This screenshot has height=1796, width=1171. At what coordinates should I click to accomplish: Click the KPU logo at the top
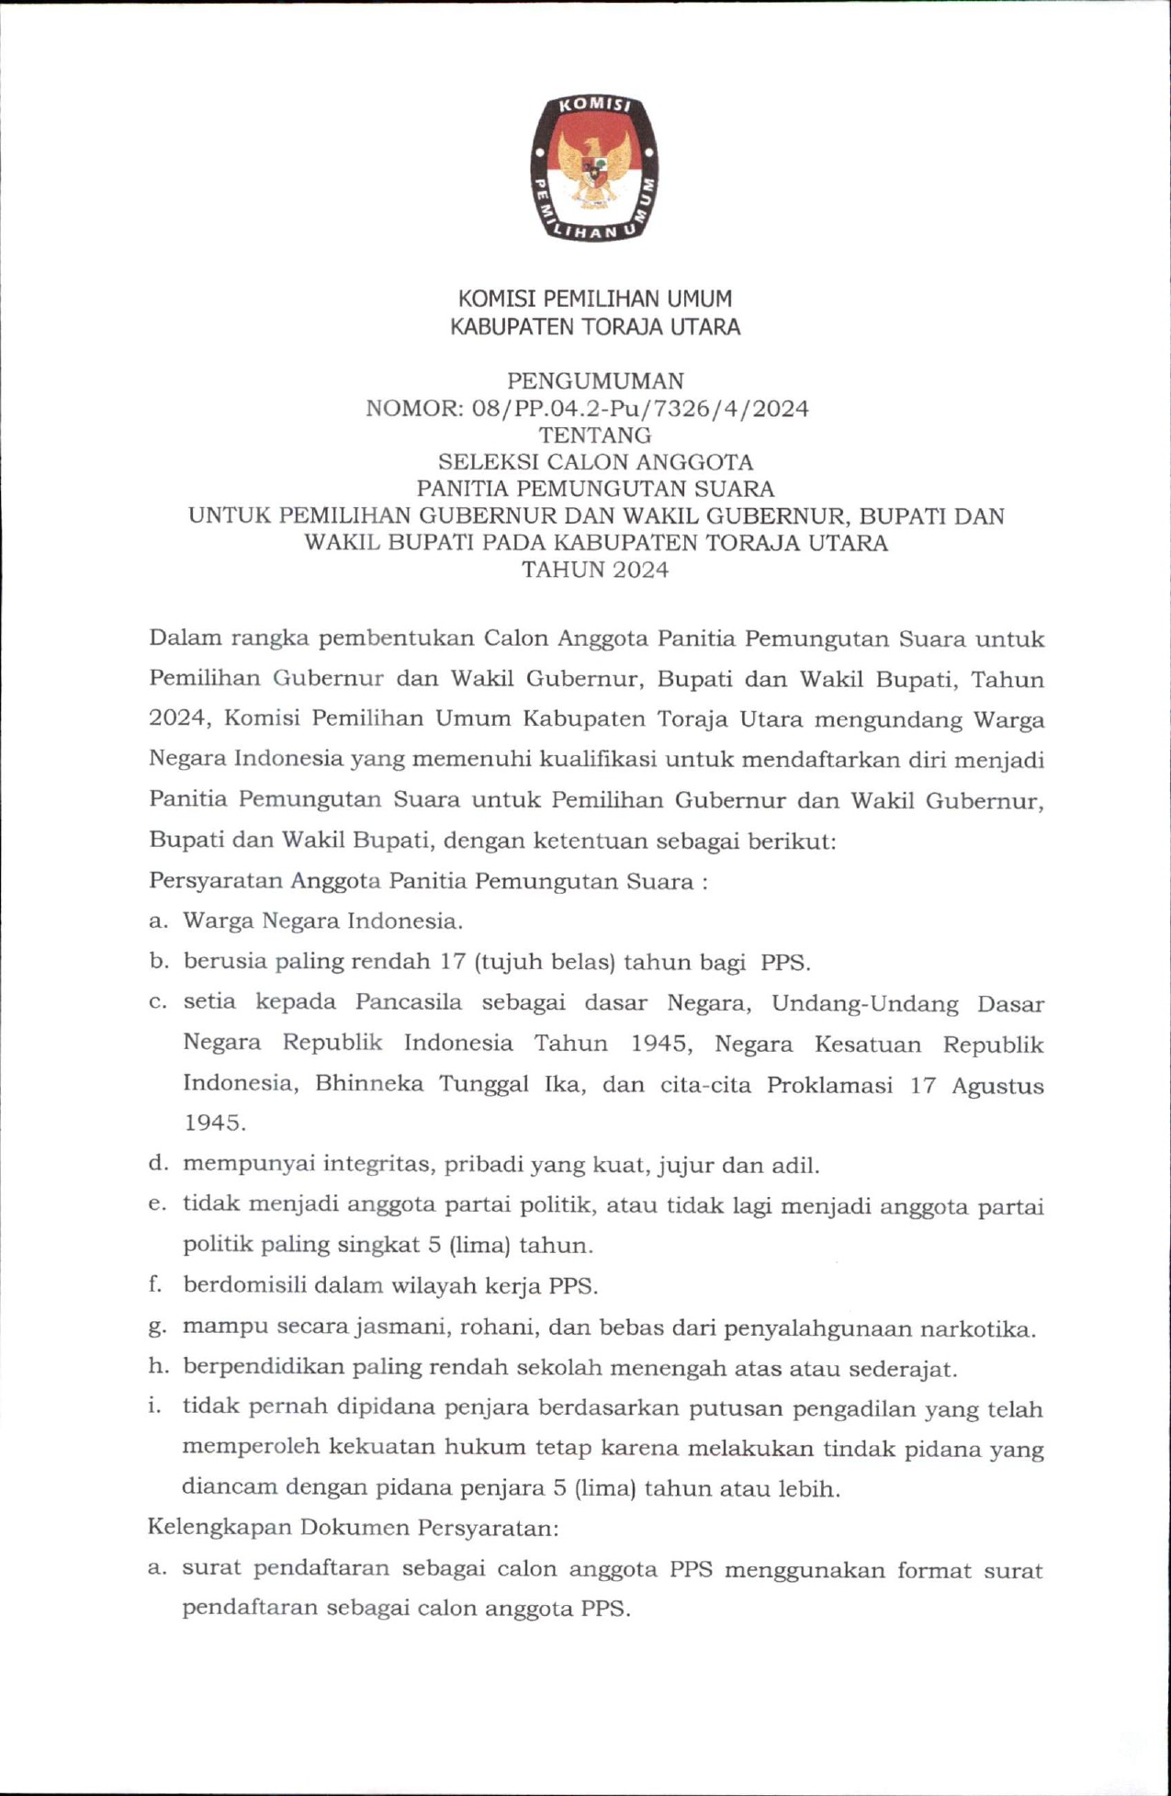click(x=594, y=169)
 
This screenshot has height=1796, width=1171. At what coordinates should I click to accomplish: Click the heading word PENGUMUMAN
click(x=595, y=380)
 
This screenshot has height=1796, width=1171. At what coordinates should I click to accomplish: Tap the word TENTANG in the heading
click(x=595, y=435)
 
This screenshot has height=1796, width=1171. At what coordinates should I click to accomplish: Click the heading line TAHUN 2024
click(x=595, y=570)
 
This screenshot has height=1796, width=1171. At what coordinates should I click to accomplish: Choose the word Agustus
click(x=997, y=1086)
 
